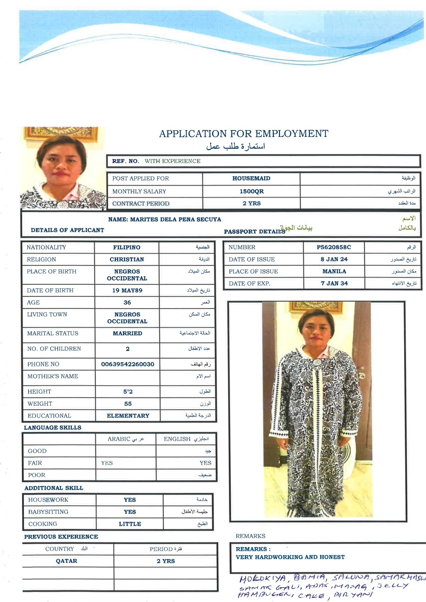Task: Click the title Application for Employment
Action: coord(244,134)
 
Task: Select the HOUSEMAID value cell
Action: coord(251,178)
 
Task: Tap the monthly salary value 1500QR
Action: coord(251,191)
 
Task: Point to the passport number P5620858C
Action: coord(334,247)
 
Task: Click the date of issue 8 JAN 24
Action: coord(334,259)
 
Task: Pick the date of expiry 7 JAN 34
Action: coord(334,283)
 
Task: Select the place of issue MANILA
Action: coord(334,271)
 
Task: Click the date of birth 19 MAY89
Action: coord(127,290)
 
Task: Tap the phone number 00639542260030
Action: coord(127,364)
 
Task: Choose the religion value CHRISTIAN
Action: coord(127,259)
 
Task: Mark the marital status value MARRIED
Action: coord(127,333)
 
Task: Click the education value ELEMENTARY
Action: coord(128,416)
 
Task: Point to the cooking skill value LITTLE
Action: coord(130,524)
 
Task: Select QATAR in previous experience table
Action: coord(67,561)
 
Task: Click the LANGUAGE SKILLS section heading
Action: coord(53,428)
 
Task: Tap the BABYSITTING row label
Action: coord(48,512)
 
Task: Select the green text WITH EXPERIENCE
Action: coord(172,161)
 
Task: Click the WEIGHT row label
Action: coord(40,404)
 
